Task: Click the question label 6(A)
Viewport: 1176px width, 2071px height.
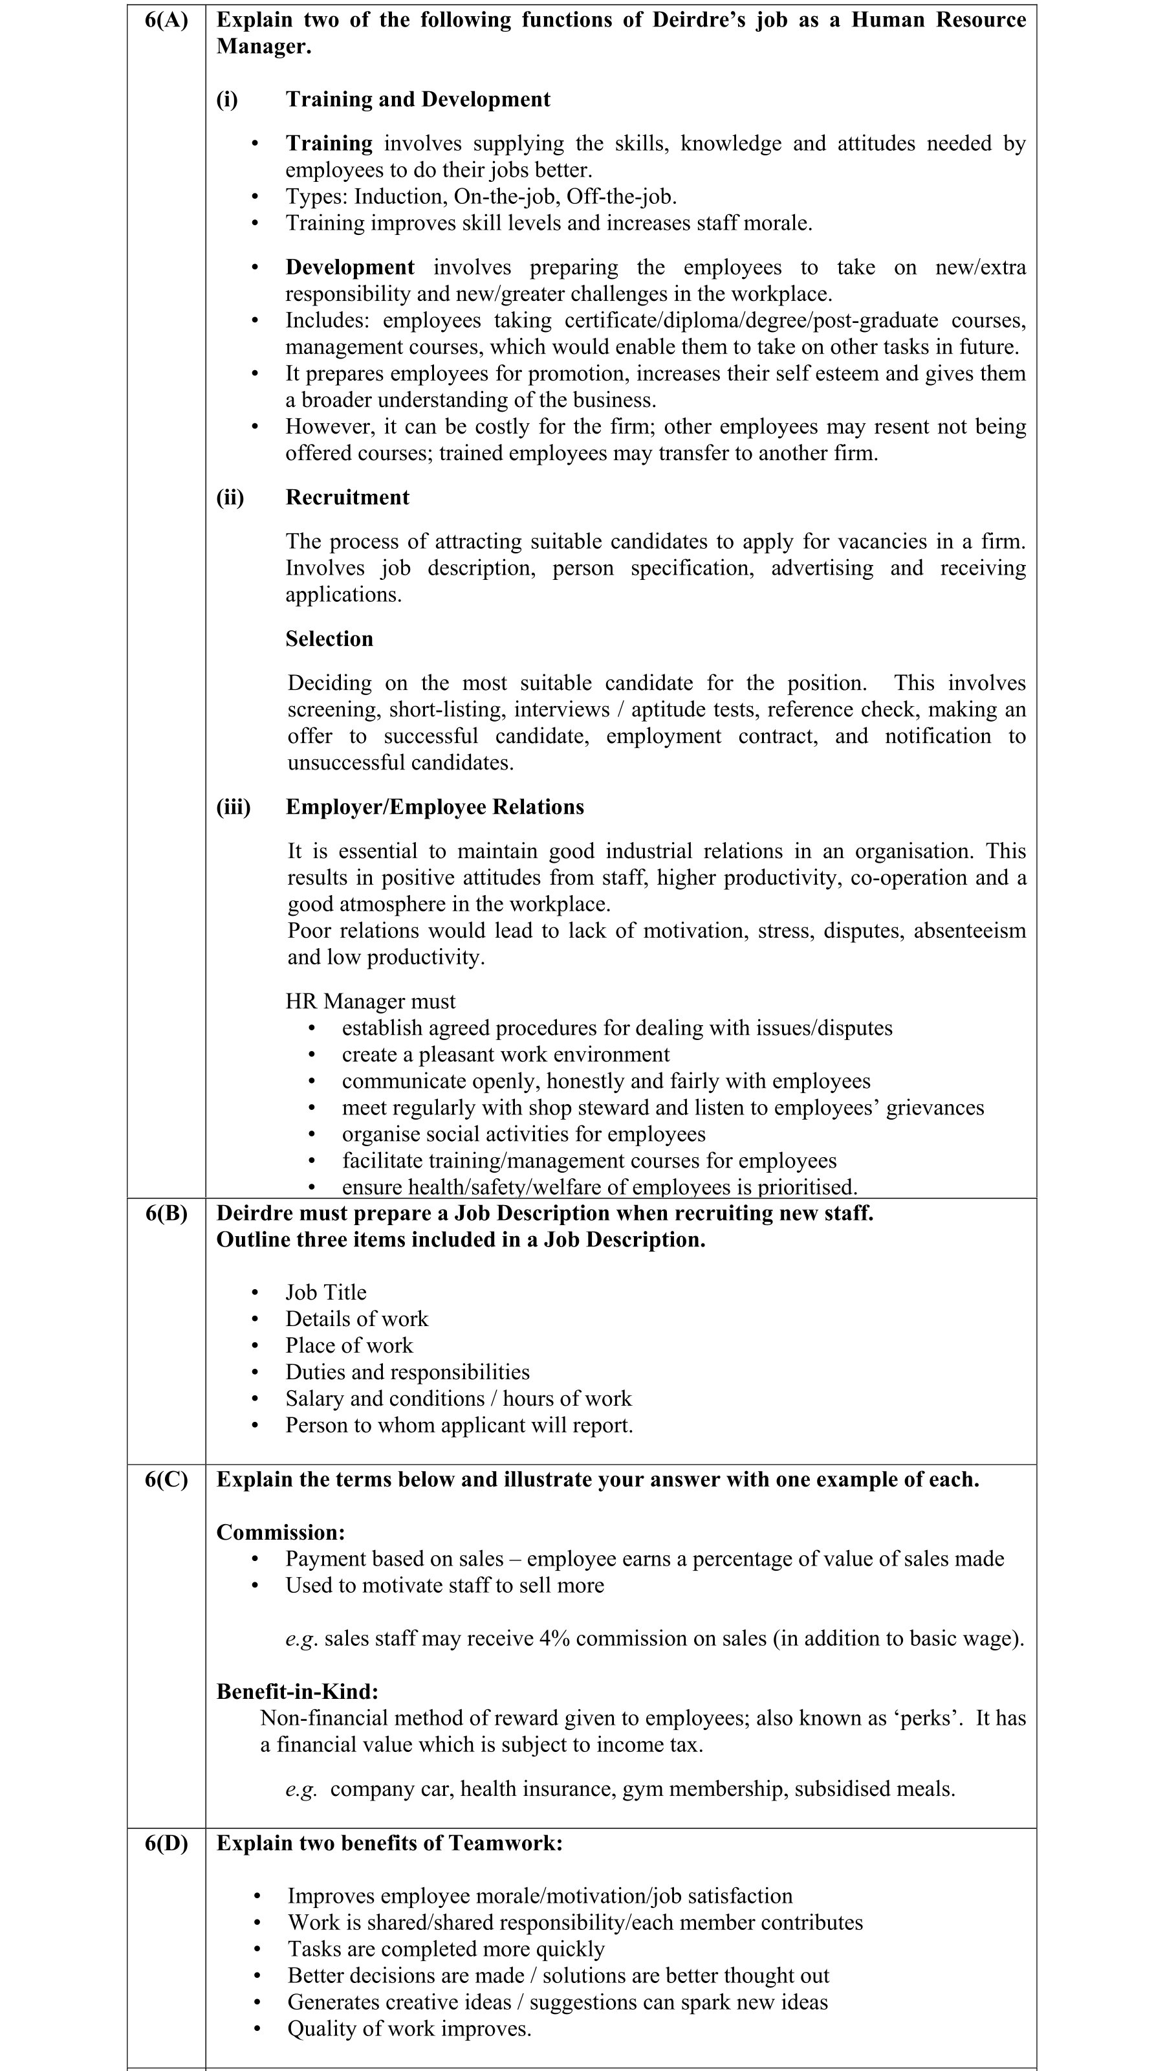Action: coord(166,20)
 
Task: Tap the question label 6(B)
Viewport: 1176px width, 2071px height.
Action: coord(166,1213)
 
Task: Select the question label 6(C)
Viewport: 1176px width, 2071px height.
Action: coord(166,1479)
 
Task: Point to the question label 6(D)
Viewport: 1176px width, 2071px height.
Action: coord(166,1843)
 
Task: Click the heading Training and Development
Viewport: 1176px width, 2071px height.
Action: coord(418,100)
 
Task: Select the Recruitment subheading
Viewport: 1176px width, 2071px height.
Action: coord(347,498)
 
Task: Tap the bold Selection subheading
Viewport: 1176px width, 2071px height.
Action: coord(329,639)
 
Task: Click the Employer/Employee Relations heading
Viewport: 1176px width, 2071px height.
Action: coord(435,807)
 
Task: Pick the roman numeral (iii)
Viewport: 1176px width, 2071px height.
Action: coord(234,807)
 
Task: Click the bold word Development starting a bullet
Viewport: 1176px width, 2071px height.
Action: coord(350,267)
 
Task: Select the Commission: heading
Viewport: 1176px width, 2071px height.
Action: coord(280,1533)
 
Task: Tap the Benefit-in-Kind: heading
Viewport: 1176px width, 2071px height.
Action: coord(297,1691)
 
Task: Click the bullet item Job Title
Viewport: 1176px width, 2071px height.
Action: coord(325,1293)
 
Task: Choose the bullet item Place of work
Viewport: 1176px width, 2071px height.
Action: coord(349,1346)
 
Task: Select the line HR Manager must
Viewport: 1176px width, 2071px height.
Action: coord(370,1002)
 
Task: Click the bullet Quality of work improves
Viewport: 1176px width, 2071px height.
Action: coord(409,2029)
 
